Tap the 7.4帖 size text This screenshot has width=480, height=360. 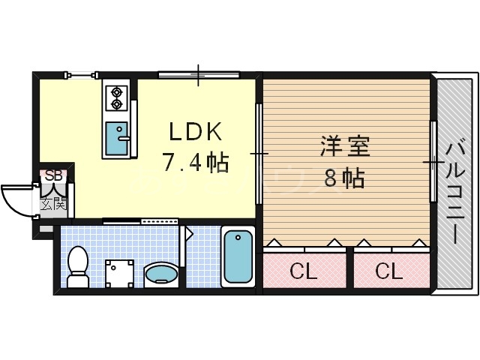194,160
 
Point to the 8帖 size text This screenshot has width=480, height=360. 344,178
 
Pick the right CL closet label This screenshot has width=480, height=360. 389,271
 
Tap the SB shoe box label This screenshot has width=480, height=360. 54,175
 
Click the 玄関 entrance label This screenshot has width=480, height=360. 54,202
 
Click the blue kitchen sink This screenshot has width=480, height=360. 116,136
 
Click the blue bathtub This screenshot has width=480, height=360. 238,257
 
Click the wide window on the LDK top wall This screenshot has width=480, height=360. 199,74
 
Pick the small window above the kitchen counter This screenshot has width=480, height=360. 81,73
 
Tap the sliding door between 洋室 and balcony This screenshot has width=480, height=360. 433,161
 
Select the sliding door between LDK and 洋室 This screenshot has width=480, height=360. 259,154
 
